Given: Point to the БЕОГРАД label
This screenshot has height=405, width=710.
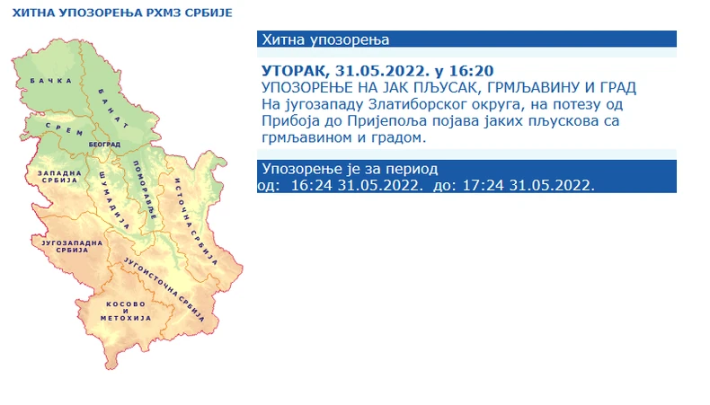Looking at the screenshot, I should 105,144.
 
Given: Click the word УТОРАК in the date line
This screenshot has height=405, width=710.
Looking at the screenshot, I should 290,71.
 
